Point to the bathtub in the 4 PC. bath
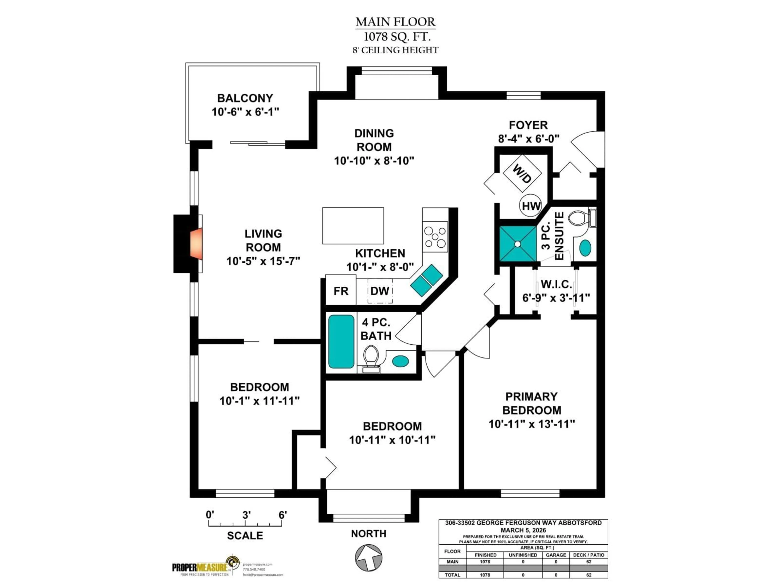(x=341, y=341)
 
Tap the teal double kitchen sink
(x=426, y=280)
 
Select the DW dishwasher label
(x=380, y=291)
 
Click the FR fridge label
(x=341, y=291)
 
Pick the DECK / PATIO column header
(x=589, y=555)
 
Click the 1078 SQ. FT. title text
(x=397, y=36)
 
